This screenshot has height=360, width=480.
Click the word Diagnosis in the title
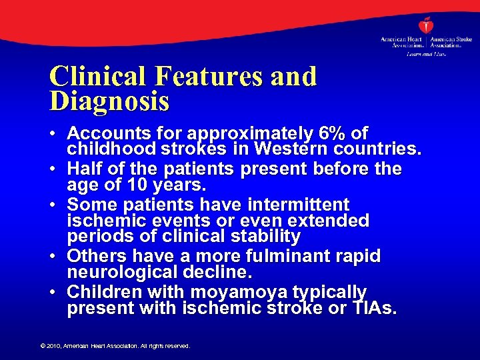[x=109, y=101]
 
